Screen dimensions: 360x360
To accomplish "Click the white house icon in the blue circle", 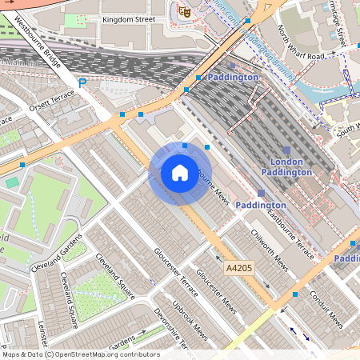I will (180, 172).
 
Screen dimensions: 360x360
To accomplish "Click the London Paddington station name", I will (286, 166).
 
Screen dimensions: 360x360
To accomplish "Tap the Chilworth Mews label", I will (270, 249).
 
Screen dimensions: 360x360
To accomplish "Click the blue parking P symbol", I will (82, 82).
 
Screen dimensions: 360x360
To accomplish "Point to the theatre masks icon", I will (184, 11).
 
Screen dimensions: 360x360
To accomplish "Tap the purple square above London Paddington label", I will (286, 150).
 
